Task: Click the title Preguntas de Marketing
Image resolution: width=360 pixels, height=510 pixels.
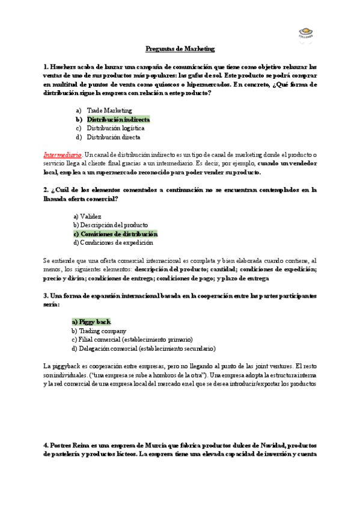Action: pos(180,49)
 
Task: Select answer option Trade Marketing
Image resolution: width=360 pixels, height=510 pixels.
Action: pos(109,111)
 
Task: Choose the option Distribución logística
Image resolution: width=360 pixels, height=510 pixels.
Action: pos(115,128)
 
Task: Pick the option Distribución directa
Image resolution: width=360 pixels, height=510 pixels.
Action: pos(114,137)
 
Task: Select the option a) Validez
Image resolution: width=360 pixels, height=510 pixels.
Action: pos(87,216)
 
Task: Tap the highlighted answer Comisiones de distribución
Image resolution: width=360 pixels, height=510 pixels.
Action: pos(115,233)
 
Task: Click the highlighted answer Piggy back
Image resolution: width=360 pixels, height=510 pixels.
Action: pos(91,322)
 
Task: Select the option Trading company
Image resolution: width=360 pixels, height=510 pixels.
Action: pos(99,331)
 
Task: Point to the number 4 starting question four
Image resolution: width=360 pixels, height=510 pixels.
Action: pos(45,445)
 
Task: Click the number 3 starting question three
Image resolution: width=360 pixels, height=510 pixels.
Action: pos(45,295)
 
